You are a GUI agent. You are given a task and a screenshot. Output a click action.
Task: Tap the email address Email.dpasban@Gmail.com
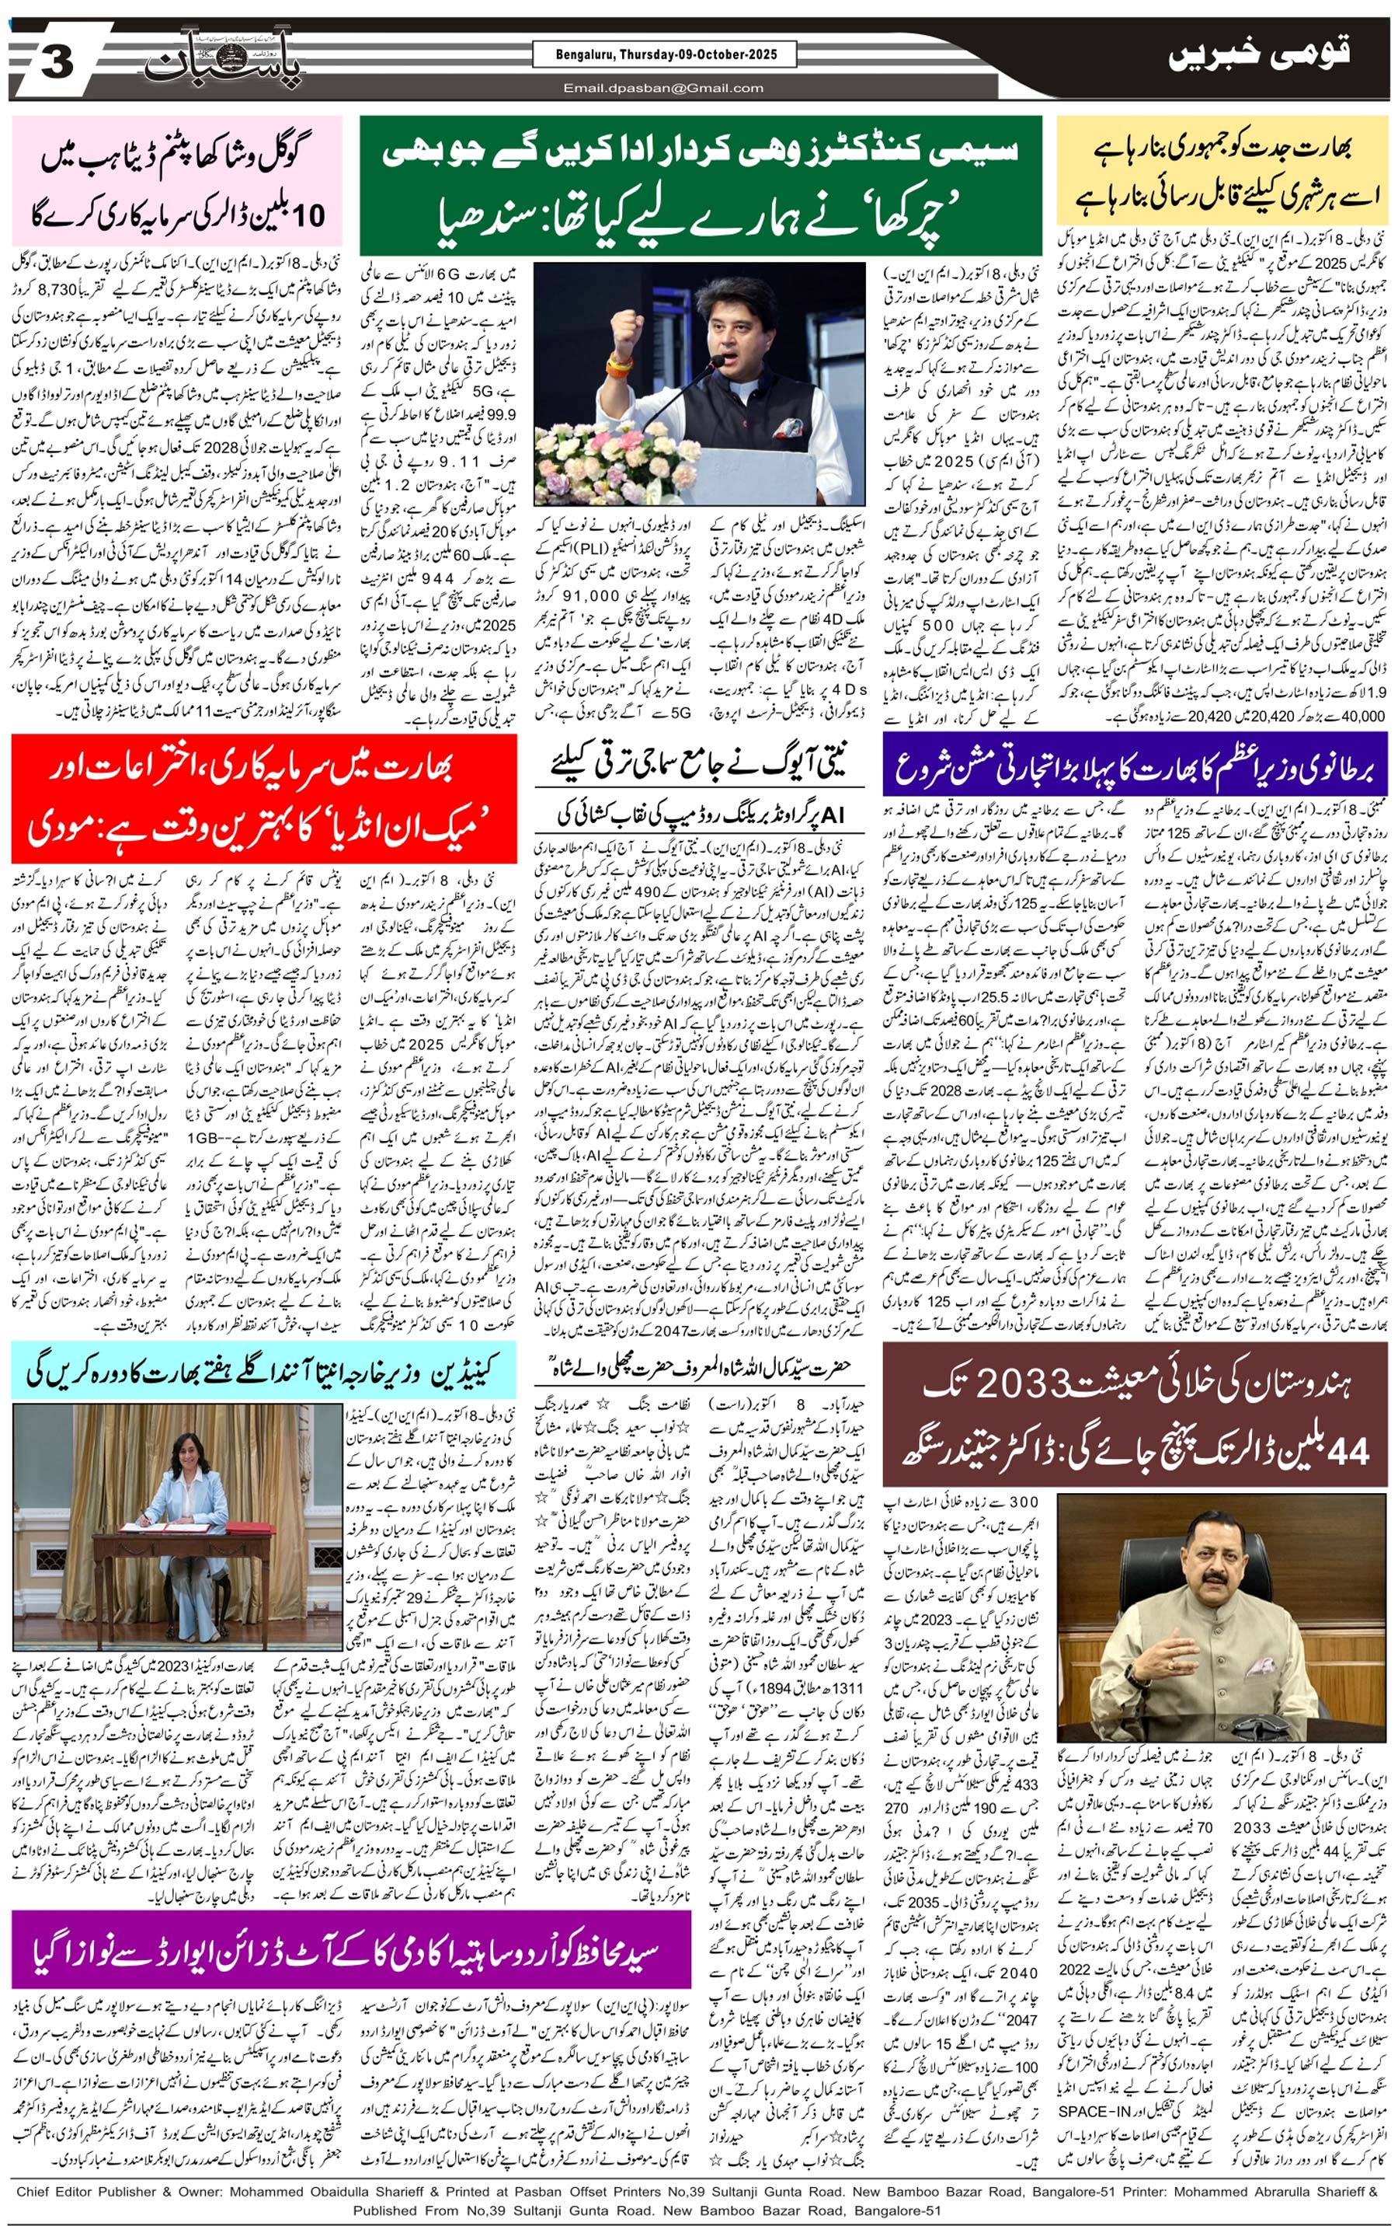(662, 89)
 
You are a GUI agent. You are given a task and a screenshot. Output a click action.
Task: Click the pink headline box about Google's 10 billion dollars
(176, 181)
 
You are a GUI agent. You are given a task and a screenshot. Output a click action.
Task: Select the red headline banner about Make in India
(263, 797)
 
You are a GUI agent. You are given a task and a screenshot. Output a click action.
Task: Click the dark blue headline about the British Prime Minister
(1134, 763)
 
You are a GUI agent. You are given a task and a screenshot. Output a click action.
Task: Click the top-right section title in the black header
(1258, 54)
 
